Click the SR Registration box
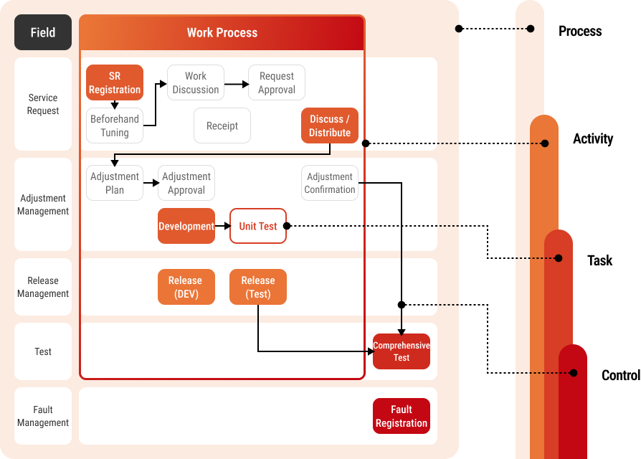(115, 82)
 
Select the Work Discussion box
(196, 82)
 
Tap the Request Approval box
(277, 82)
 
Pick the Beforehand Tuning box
(115, 126)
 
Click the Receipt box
(222, 126)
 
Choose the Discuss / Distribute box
(330, 126)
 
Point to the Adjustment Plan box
(115, 183)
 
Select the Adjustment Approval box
(186, 183)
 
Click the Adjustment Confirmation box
(330, 183)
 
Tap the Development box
(186, 226)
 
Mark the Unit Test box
(258, 226)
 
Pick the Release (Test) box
(258, 287)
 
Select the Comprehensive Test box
(402, 351)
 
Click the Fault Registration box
(402, 416)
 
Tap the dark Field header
(43, 32)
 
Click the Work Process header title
(222, 32)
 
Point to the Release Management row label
(43, 287)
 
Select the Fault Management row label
(43, 416)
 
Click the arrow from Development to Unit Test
(222, 226)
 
